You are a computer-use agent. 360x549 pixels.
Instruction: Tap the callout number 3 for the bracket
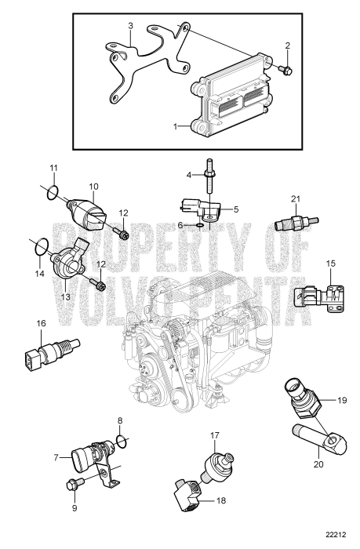pos(131,26)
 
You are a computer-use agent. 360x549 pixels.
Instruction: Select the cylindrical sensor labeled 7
pos(91,455)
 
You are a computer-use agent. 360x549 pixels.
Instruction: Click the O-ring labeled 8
pos(121,438)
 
